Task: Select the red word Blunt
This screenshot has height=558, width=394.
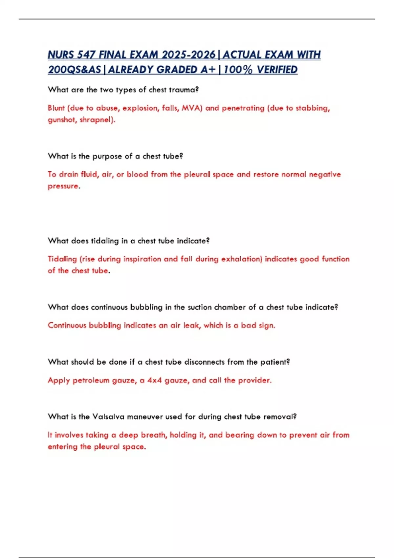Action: click(56, 108)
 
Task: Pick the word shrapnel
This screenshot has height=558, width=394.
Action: click(97, 120)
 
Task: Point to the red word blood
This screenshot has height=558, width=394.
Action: click(137, 174)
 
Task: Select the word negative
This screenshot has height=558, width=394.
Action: click(325, 174)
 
